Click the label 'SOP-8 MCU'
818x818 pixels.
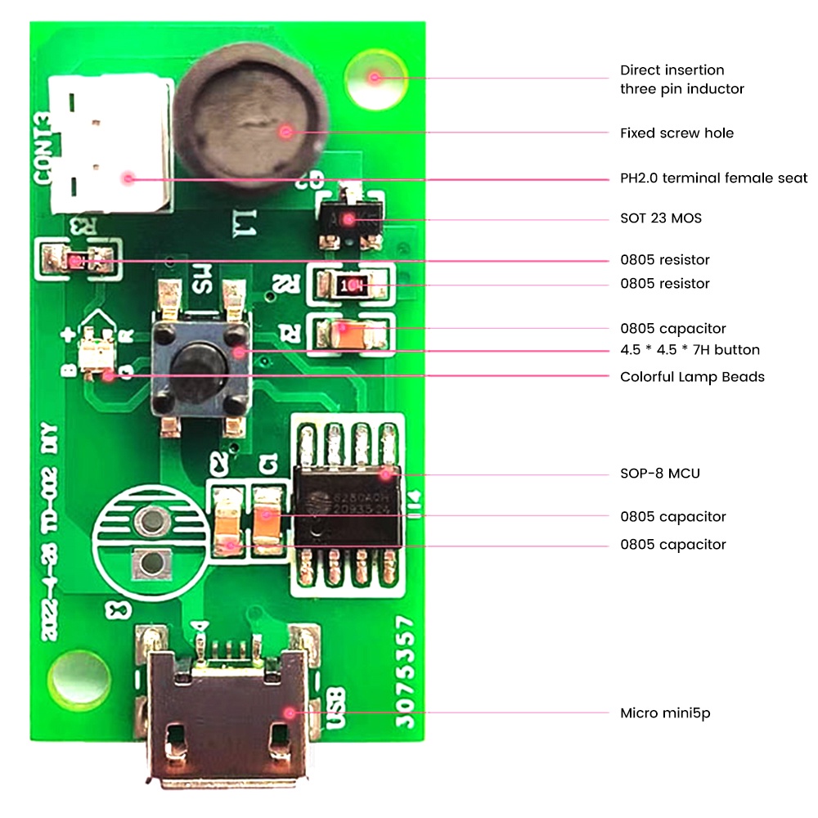click(x=659, y=474)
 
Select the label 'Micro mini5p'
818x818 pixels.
click(x=664, y=713)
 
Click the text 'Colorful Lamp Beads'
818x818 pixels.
click(x=692, y=377)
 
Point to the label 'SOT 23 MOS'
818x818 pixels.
click(x=660, y=218)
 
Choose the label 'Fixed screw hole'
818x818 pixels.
click(x=676, y=133)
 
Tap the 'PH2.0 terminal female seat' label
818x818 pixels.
click(x=713, y=178)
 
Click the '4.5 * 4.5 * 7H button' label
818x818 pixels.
click(x=690, y=350)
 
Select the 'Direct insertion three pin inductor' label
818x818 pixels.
click(x=681, y=79)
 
